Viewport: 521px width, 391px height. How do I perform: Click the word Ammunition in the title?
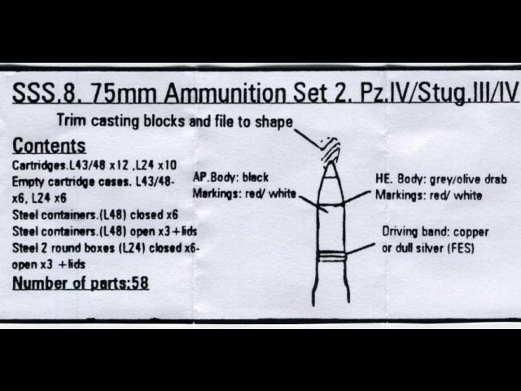click(x=225, y=93)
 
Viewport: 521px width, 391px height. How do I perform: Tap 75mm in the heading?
click(x=123, y=93)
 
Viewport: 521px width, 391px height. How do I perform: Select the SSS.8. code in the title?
click(x=47, y=93)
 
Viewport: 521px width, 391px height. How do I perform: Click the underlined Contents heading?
click(x=49, y=146)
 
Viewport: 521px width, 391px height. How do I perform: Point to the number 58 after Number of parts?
click(x=140, y=283)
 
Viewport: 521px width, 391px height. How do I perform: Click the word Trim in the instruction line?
click(x=71, y=120)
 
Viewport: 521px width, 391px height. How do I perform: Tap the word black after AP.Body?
click(x=255, y=178)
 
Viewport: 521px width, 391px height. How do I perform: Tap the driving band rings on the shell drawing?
click(x=331, y=256)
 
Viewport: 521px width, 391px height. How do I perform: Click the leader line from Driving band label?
click(x=360, y=249)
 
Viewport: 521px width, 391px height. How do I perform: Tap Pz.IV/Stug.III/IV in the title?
click(x=440, y=93)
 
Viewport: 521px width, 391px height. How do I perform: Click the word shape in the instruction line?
click(x=274, y=122)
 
